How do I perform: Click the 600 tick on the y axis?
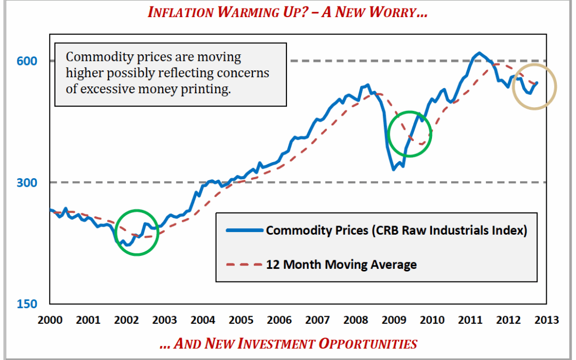pyautogui.click(x=29, y=61)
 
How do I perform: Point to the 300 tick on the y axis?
pyautogui.click(x=29, y=182)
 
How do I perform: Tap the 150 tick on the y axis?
pyautogui.click(x=29, y=304)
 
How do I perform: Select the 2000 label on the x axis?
pyautogui.click(x=50, y=320)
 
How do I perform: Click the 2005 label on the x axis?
pyautogui.click(x=241, y=320)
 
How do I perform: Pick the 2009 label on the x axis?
pyautogui.click(x=394, y=320)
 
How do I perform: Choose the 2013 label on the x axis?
pyautogui.click(x=547, y=320)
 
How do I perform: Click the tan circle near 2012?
pyautogui.click(x=534, y=86)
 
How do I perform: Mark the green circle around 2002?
pyautogui.click(x=137, y=233)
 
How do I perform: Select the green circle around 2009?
pyautogui.click(x=410, y=133)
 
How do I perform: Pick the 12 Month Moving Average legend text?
pyautogui.click(x=341, y=265)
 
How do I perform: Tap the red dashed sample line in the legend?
pyautogui.click(x=244, y=265)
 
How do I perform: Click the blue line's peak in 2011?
pyautogui.click(x=479, y=52)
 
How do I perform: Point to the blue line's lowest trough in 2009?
pyautogui.click(x=393, y=170)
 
